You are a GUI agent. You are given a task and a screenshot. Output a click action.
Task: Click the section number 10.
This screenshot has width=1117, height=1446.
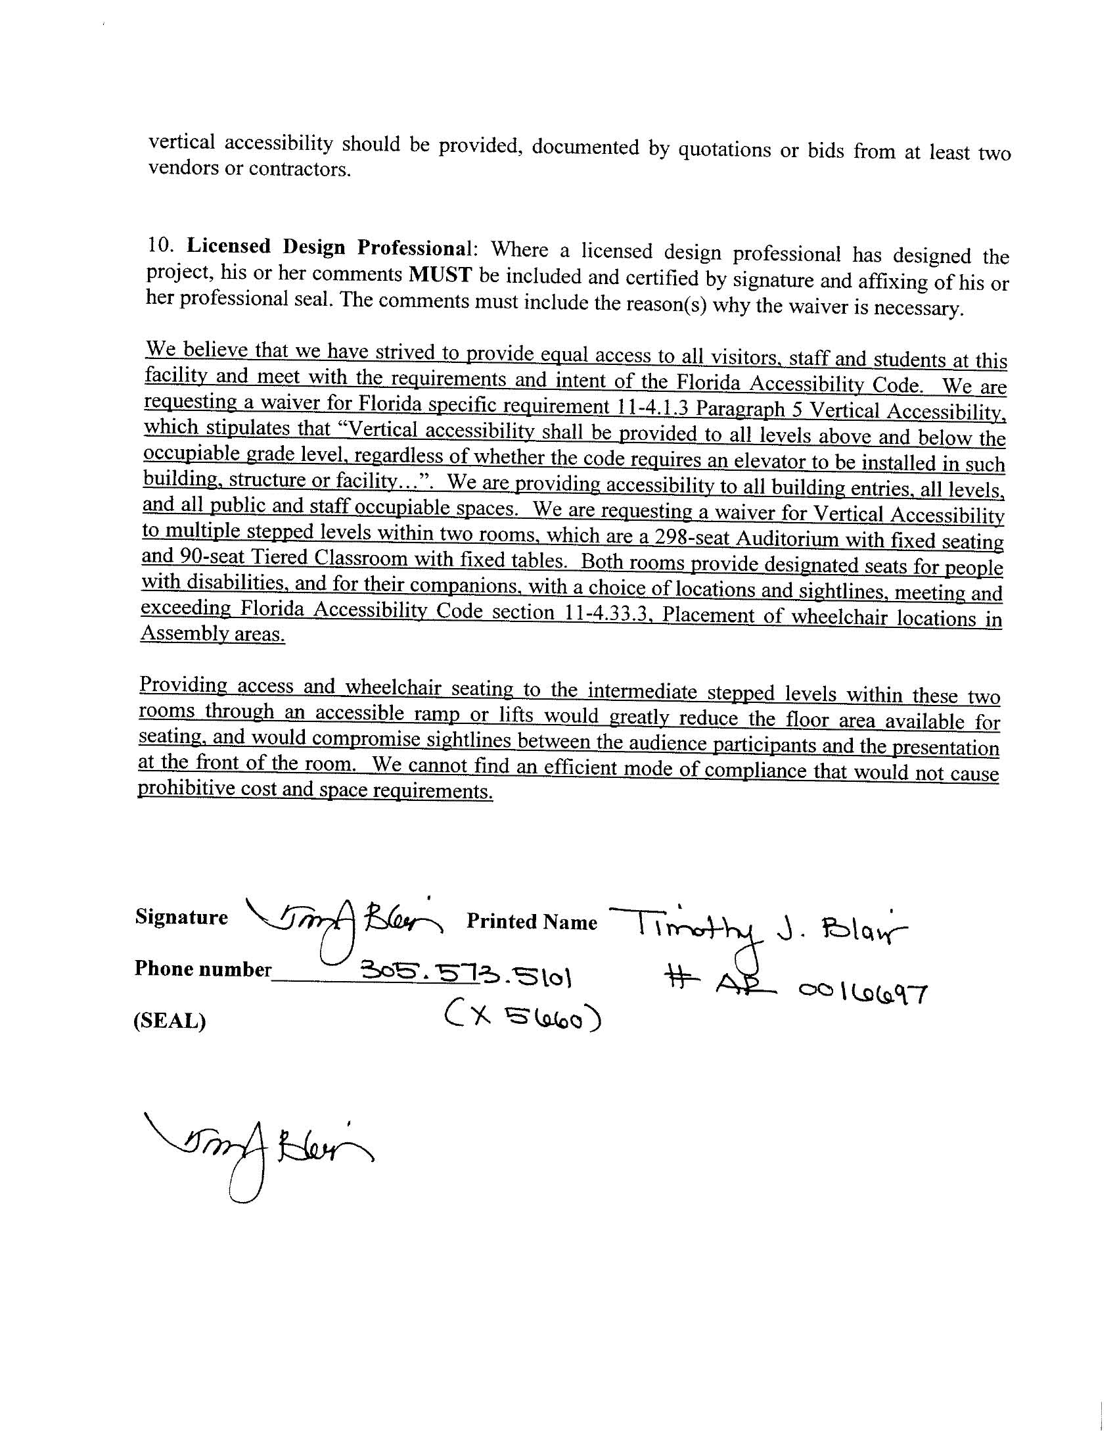tap(160, 245)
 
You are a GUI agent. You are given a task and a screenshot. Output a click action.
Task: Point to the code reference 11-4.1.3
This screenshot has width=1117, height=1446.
tap(649, 407)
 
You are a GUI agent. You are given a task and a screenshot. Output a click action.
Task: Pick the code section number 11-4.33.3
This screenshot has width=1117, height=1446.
tap(606, 612)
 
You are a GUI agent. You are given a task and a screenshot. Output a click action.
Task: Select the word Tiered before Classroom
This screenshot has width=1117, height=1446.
tap(279, 558)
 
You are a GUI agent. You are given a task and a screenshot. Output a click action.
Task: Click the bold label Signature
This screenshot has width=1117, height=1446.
tap(181, 918)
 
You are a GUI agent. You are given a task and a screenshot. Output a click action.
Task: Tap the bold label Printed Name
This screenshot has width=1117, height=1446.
tap(532, 922)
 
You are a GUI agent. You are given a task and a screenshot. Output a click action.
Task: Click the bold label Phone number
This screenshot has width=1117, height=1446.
tap(202, 969)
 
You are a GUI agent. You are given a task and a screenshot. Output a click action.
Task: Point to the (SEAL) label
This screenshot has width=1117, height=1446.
tap(170, 1021)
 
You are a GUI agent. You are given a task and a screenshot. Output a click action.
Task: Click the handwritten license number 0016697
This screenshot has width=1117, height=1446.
tap(863, 992)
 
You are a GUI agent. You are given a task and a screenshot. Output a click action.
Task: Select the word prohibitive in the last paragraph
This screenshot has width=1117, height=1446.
tap(179, 788)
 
